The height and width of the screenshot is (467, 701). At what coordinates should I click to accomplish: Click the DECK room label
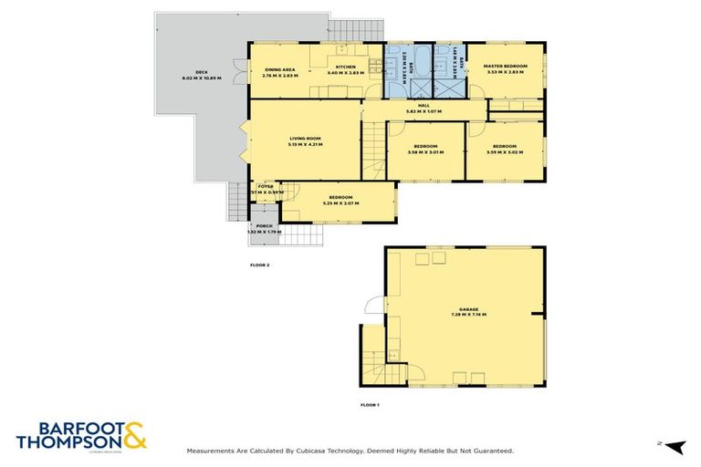190,75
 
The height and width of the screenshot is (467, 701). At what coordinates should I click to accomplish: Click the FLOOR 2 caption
259,265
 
